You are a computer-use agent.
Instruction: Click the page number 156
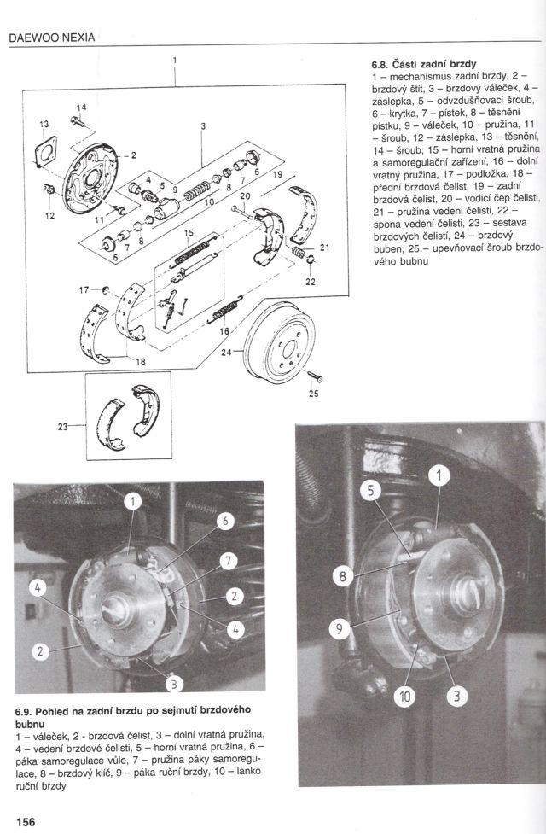pyautogui.click(x=23, y=822)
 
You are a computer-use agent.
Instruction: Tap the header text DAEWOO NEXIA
pyautogui.click(x=50, y=37)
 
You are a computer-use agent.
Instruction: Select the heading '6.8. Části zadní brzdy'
pyautogui.click(x=423, y=64)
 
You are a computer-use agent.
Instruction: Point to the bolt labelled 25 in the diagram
pyautogui.click(x=312, y=376)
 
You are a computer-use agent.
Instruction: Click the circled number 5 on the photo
pyautogui.click(x=369, y=490)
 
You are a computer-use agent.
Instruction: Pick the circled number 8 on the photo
pyautogui.click(x=343, y=577)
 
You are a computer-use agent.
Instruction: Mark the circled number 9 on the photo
pyautogui.click(x=339, y=630)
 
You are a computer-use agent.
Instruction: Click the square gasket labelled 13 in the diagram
pyautogui.click(x=47, y=154)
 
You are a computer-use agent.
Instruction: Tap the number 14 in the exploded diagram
pyautogui.click(x=82, y=108)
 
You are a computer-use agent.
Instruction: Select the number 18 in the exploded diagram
pyautogui.click(x=139, y=362)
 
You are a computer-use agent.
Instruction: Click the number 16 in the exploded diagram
pyautogui.click(x=224, y=331)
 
